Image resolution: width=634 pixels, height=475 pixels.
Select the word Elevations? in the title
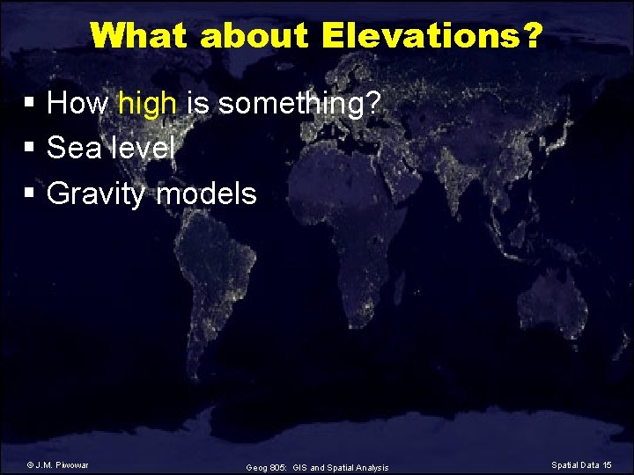432,36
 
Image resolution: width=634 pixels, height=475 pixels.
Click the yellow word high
147,104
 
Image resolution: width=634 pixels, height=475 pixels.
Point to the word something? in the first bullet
299,104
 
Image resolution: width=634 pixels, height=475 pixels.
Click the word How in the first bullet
77,104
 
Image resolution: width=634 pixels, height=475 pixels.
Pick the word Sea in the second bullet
75,148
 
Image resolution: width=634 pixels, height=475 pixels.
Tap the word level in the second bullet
143,148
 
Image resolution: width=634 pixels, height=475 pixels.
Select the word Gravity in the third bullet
96,193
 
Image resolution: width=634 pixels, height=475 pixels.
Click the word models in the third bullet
206,193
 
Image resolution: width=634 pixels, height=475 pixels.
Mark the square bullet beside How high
30,105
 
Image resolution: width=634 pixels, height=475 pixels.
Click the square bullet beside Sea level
30,149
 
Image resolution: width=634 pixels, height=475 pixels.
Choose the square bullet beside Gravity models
30,194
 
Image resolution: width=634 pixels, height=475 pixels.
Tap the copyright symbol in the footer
30,464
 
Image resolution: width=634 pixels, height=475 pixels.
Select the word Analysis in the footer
369,467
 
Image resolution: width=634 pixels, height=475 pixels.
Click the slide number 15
607,464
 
